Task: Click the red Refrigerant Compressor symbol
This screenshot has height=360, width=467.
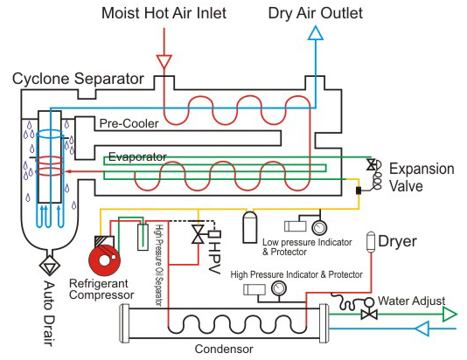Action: pyautogui.click(x=105, y=260)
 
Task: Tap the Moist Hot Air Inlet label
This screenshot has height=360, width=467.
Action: pyautogui.click(x=164, y=13)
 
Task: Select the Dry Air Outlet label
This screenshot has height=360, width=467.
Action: pyautogui.click(x=316, y=13)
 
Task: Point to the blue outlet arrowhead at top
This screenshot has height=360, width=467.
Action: pyautogui.click(x=316, y=32)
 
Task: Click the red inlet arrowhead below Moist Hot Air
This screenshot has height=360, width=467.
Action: pyautogui.click(x=164, y=61)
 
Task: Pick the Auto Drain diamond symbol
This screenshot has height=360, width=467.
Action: pyautogui.click(x=50, y=266)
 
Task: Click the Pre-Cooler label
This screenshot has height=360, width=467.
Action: pyautogui.click(x=129, y=123)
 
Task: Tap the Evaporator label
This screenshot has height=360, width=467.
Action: pyautogui.click(x=137, y=156)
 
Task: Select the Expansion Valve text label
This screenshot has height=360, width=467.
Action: pyautogui.click(x=422, y=177)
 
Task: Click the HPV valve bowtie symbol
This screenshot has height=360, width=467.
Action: pyautogui.click(x=198, y=234)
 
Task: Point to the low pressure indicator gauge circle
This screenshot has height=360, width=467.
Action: pyautogui.click(x=319, y=227)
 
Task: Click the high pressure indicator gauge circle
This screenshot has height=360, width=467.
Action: pyautogui.click(x=279, y=288)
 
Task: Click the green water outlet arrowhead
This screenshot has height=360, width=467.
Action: pyautogui.click(x=450, y=315)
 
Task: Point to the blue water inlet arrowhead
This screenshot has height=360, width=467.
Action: pyautogui.click(x=422, y=329)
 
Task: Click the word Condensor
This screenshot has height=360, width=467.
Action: pyautogui.click(x=224, y=349)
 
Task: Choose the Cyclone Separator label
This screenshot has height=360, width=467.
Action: pyautogui.click(x=78, y=79)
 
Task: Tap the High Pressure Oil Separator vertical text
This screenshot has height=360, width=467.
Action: pyautogui.click(x=159, y=266)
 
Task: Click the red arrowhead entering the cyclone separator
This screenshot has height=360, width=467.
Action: pyautogui.click(x=69, y=171)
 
